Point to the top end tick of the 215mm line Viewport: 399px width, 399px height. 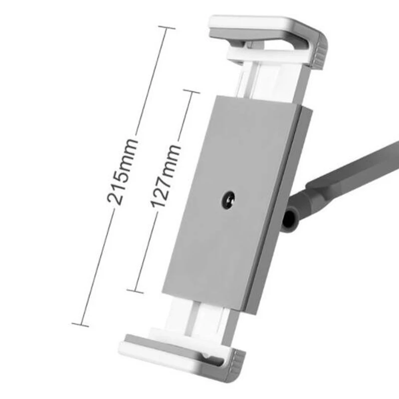coord(164,28)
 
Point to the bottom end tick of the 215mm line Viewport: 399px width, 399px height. coord(80,325)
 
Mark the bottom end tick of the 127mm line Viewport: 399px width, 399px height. coord(135,290)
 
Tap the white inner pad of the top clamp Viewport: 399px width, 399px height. coord(254,53)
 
